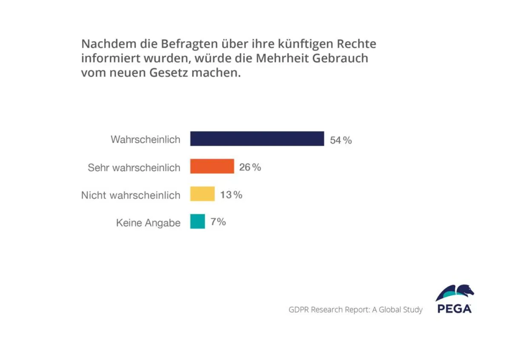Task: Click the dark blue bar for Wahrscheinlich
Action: [x=257, y=139]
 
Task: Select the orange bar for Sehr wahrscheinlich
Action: [x=212, y=166]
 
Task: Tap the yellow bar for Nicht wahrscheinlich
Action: [x=202, y=194]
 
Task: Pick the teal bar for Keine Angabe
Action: [x=198, y=221]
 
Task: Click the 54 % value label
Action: [x=341, y=140]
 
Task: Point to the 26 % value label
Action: [x=250, y=167]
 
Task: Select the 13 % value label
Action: [x=231, y=195]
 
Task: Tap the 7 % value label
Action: [x=218, y=222]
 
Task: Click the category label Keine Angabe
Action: [x=148, y=223]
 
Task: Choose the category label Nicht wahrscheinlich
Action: [x=131, y=195]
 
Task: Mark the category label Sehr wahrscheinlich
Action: [x=134, y=168]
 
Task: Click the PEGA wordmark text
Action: [x=454, y=309]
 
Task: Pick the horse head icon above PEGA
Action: [x=455, y=293]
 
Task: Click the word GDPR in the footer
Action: [x=299, y=310]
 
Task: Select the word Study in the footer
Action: [x=412, y=310]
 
